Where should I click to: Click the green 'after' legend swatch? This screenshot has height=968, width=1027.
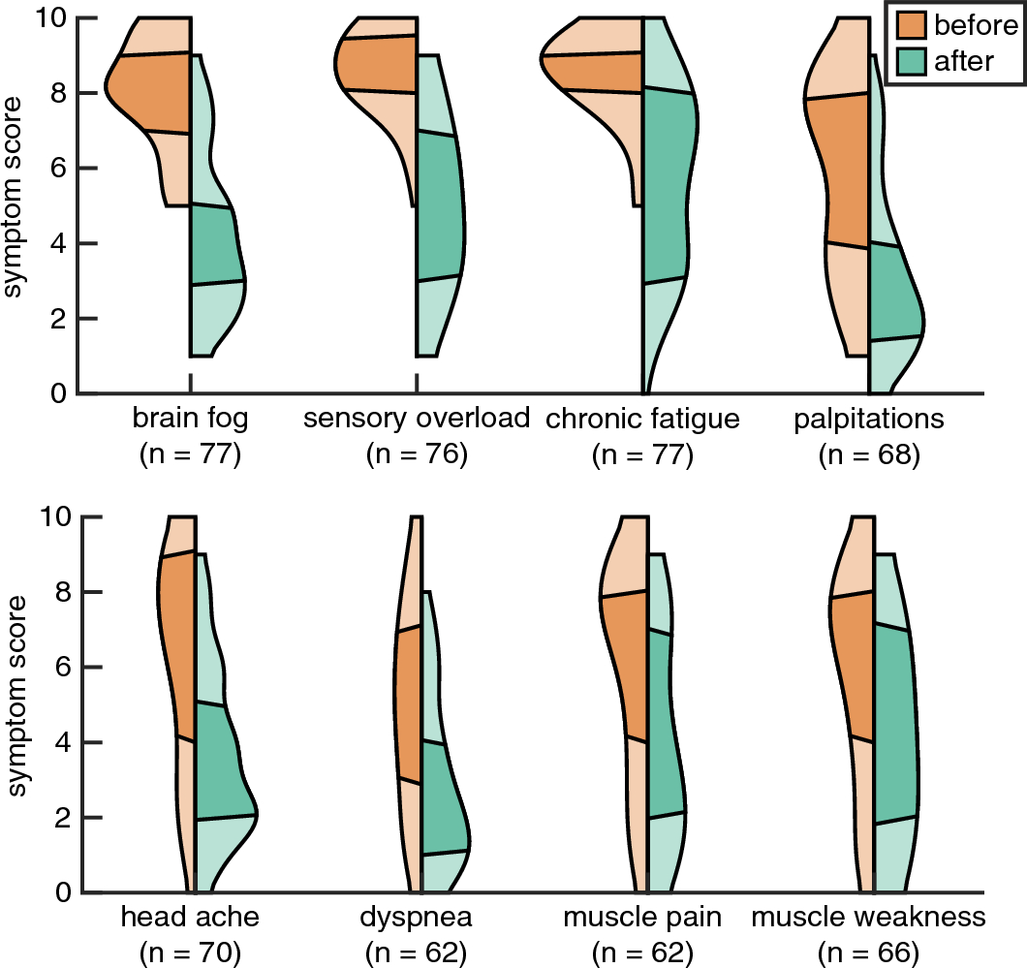[x=911, y=61]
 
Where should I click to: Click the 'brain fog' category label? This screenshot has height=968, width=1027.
[x=190, y=420]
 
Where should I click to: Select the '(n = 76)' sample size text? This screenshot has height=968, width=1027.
[x=417, y=454]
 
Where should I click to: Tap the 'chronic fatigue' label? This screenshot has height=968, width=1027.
[x=642, y=420]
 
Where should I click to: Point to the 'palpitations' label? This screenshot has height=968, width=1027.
[x=868, y=420]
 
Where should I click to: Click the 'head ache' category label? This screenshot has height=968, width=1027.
[x=190, y=917]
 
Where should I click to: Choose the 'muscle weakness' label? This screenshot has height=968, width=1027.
[x=868, y=917]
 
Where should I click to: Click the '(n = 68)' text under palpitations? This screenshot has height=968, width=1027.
[x=868, y=454]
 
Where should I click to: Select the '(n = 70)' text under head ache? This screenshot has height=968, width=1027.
[x=190, y=952]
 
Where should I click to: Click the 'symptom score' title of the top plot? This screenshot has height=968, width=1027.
[x=16, y=205]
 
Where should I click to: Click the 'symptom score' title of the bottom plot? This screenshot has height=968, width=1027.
[x=16, y=704]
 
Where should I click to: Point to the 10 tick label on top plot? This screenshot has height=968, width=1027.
[x=54, y=17]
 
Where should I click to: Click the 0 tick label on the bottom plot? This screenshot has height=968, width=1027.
[x=61, y=891]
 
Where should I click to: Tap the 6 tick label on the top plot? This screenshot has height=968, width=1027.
[x=61, y=168]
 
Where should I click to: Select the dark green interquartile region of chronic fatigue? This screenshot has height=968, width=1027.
[x=669, y=184]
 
